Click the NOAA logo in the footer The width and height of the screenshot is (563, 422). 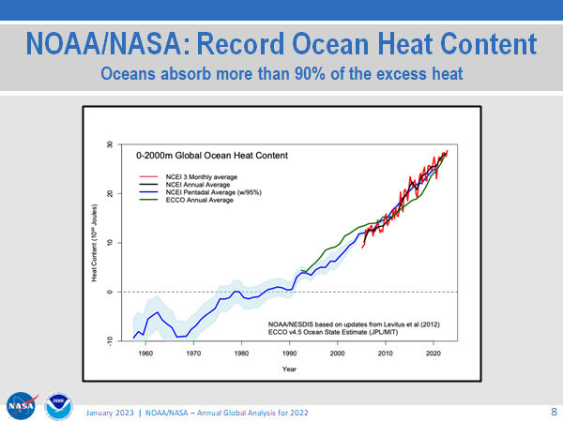tap(58, 406)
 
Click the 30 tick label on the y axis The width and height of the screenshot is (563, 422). tap(110, 145)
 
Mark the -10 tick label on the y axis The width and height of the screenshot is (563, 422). tap(110, 340)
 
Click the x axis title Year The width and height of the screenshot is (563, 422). tap(290, 368)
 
